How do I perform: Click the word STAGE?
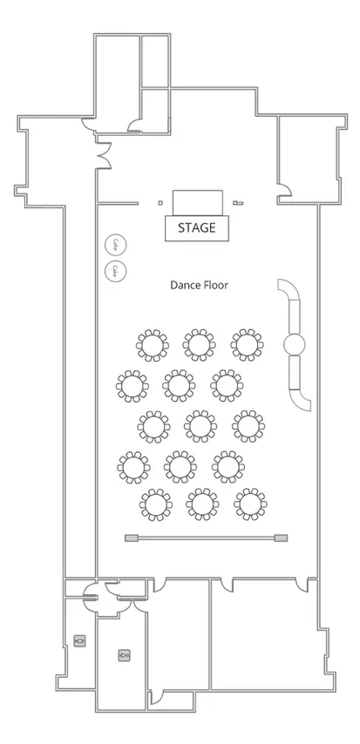click(197, 227)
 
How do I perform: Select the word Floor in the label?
click(215, 285)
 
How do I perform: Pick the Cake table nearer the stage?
click(115, 244)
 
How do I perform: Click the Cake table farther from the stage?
click(115, 271)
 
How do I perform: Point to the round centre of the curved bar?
click(295, 344)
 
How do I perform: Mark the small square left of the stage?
click(160, 203)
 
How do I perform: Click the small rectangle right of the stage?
click(238, 203)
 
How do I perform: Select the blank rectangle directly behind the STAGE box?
click(198, 203)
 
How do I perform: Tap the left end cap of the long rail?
click(131, 538)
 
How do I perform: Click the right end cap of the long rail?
click(282, 538)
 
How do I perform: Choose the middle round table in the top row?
click(199, 345)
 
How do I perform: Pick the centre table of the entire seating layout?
click(200, 426)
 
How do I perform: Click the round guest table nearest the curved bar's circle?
click(248, 345)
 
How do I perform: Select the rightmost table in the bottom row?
click(250, 504)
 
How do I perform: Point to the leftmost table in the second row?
click(132, 386)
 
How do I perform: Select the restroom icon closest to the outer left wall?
click(80, 640)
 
